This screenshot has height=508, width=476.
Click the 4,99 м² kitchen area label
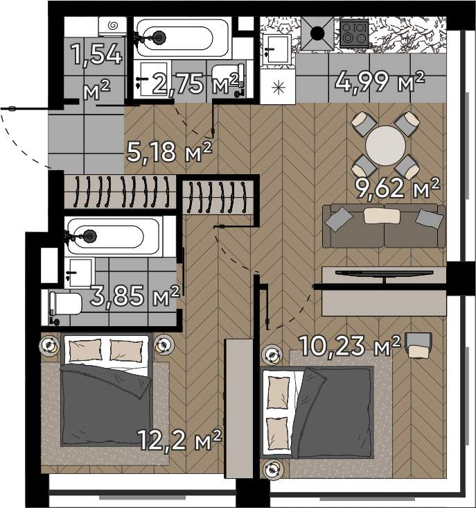[379, 82]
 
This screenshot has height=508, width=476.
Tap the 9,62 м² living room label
[398, 187]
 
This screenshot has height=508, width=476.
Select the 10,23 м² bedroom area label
[350, 346]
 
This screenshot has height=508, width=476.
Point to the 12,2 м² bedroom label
[179, 439]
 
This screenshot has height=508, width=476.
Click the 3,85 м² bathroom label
[134, 296]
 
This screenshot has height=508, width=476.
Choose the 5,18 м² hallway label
[170, 151]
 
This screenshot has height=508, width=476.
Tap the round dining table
[385, 146]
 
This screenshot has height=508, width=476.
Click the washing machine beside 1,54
[112, 26]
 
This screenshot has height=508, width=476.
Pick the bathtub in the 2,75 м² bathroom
[183, 38]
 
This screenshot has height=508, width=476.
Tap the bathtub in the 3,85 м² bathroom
[114, 236]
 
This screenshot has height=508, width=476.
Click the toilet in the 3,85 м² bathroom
[65, 303]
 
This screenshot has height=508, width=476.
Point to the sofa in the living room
[384, 226]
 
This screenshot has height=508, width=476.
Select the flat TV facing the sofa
[384, 276]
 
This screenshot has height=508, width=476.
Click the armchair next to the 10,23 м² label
[418, 346]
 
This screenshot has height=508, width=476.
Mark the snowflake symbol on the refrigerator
[279, 88]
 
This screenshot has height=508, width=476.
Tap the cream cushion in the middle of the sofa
[382, 216]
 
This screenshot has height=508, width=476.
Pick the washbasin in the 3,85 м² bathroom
[80, 273]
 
